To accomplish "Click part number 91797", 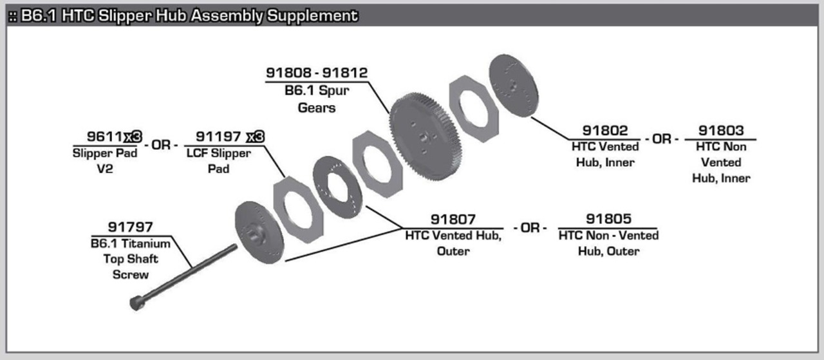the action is pyautogui.click(x=130, y=227).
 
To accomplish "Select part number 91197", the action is pyautogui.click(x=218, y=137).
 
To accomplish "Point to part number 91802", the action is pyautogui.click(x=605, y=131).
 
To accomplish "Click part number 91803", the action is pyautogui.click(x=721, y=131).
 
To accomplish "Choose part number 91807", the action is pyautogui.click(x=453, y=220).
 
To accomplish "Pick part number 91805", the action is pyautogui.click(x=608, y=219).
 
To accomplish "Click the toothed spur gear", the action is pyautogui.click(x=426, y=137).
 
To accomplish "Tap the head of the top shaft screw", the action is pyautogui.click(x=137, y=303).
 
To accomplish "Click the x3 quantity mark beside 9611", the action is pyautogui.click(x=133, y=137).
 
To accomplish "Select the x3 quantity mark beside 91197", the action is pyautogui.click(x=256, y=137).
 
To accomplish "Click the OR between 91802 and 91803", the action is pyautogui.click(x=662, y=139).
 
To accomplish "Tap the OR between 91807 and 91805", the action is pyautogui.click(x=530, y=228).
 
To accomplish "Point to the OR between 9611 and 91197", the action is pyautogui.click(x=161, y=145).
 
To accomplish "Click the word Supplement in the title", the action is pyautogui.click(x=312, y=16).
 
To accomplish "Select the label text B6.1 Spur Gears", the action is pyautogui.click(x=317, y=99).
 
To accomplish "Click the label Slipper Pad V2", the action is pyautogui.click(x=105, y=161).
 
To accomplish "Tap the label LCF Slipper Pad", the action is pyautogui.click(x=218, y=161).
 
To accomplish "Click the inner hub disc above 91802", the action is pyautogui.click(x=514, y=86).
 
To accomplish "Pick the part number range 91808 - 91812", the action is pyautogui.click(x=317, y=73).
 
